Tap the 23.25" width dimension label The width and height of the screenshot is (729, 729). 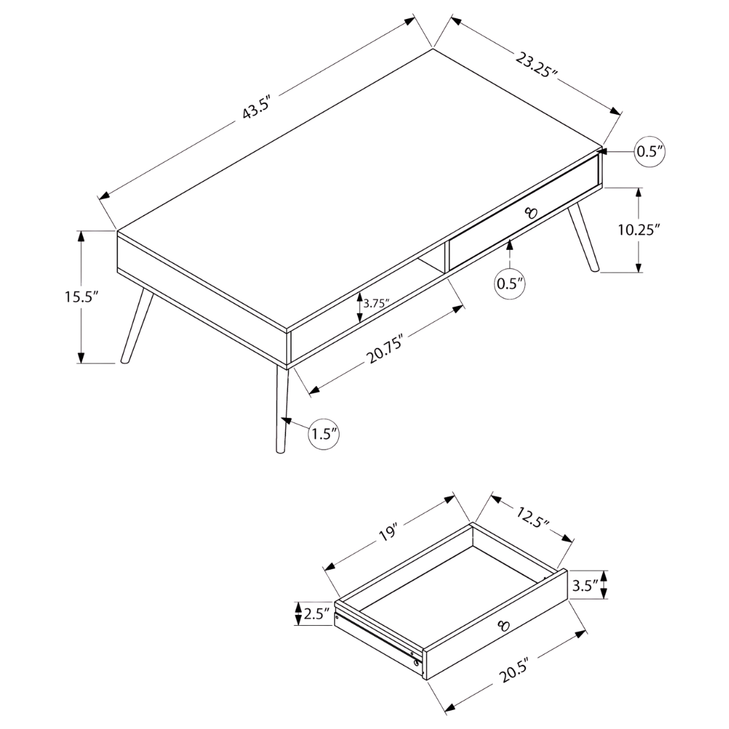pos(536,65)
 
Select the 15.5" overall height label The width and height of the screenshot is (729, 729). pos(82,296)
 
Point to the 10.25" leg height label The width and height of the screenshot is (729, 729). pos(639,230)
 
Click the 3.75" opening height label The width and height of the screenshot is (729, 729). pos(376,304)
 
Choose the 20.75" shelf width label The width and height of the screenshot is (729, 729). pos(384,349)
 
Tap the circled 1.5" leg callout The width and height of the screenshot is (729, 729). pos(324,434)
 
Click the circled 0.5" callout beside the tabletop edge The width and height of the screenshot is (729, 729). pos(650,151)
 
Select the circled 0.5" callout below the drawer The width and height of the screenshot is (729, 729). pos(510,283)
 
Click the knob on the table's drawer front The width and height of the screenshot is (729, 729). pos(531,213)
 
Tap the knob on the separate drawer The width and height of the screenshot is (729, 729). pos(504,625)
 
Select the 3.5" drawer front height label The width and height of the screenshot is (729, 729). pos(585,586)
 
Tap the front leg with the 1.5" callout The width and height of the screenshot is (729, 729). pos(281,409)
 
